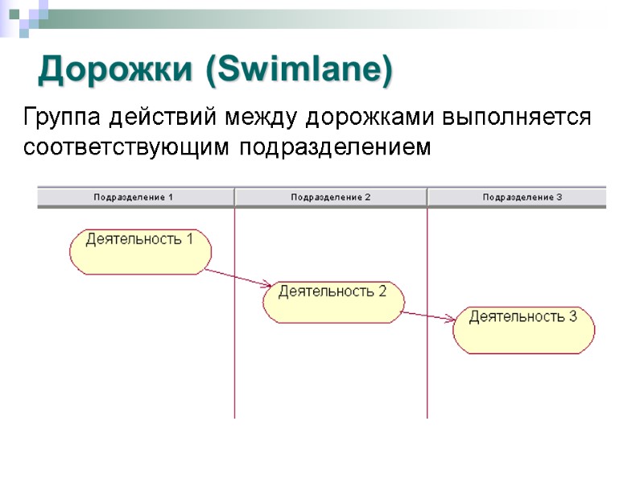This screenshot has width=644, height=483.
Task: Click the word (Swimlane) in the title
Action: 299,70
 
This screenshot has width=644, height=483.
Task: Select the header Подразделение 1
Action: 134,197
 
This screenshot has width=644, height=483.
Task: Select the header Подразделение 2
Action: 330,197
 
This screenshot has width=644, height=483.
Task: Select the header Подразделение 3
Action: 522,197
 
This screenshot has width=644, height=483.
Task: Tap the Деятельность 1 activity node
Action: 140,250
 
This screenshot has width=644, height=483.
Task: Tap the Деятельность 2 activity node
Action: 332,301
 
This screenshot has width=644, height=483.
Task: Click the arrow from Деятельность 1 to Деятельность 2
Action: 237,277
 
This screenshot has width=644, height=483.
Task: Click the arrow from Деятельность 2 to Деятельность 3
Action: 428,316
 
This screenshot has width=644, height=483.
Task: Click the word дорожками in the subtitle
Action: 369,118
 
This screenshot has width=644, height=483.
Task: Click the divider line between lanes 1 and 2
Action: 234,362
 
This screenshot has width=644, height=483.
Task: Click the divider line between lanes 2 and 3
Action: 427,378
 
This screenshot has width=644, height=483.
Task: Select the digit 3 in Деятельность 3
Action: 572,317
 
